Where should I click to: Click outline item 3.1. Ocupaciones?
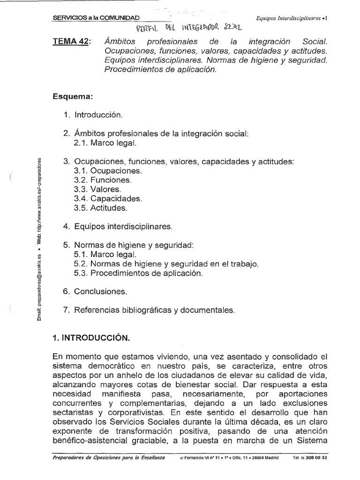(108, 171)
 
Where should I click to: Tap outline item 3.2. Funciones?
(103, 180)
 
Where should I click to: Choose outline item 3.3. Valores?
(97, 189)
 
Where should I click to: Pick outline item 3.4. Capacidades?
(108, 198)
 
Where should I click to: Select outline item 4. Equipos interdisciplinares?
(118, 226)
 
